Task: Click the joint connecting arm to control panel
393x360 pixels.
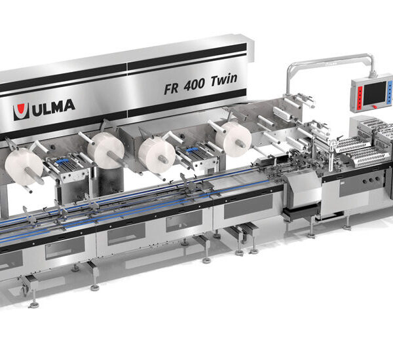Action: (x=371, y=71)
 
